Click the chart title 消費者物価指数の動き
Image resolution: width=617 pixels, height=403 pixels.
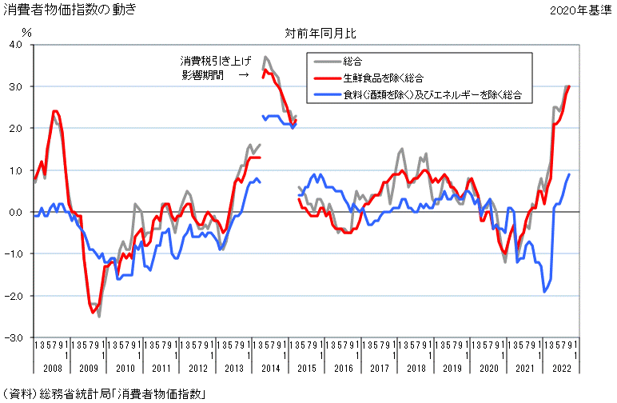pos(70,10)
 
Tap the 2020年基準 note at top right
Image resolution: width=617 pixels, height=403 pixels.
pos(579,10)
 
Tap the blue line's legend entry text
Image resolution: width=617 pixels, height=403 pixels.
pos(432,95)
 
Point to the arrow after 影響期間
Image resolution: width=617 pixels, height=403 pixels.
pos(243,76)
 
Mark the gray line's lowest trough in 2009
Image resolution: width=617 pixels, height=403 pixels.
pos(99,316)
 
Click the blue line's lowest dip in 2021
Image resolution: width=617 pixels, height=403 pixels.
pos(544,292)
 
